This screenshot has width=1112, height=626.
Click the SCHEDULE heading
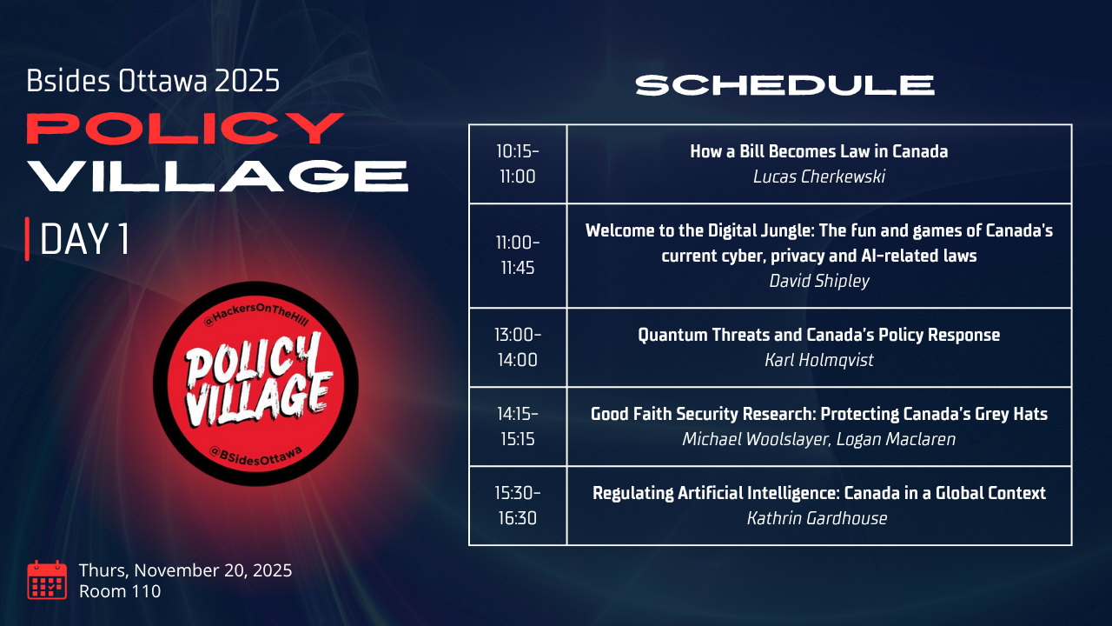[784, 85]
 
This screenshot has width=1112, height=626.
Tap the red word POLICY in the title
[185, 128]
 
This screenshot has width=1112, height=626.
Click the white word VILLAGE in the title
[217, 176]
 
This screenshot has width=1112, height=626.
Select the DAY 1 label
[84, 239]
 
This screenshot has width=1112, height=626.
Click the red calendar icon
[47, 580]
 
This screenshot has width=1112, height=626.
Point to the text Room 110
[120, 591]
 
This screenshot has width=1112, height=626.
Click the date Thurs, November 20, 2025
[186, 569]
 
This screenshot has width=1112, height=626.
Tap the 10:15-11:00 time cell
[518, 164]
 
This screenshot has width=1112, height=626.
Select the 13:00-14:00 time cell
[518, 347]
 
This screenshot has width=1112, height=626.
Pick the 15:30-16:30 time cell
[518, 506]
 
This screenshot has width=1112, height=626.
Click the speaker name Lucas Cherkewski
[819, 176]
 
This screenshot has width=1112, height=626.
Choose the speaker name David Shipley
[819, 281]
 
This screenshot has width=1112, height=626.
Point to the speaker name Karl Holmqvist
[819, 360]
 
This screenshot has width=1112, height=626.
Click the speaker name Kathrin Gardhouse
[817, 518]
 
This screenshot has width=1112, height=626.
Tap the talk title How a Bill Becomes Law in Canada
[819, 151]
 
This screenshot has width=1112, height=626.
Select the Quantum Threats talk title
[819, 335]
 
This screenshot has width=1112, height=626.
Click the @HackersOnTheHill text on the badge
[256, 315]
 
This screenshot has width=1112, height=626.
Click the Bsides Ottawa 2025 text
[153, 81]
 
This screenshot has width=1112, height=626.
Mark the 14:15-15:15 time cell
[518, 426]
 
